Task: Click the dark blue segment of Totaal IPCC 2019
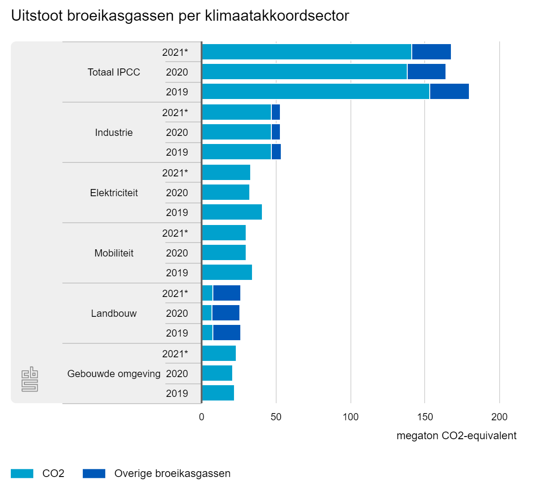[449, 92]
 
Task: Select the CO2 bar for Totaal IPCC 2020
[305, 72]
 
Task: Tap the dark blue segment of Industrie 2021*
[276, 112]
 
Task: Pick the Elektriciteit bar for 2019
[232, 212]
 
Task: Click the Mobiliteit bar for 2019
[227, 273]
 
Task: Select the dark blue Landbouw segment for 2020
[226, 313]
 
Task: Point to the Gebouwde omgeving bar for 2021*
[219, 354]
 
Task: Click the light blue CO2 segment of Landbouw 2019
[207, 333]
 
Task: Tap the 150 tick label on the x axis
[425, 417]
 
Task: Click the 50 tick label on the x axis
[276, 417]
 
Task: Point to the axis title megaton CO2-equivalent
[456, 436]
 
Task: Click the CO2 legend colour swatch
[22, 473]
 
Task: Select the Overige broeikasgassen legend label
[172, 473]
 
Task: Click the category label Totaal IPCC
[114, 72]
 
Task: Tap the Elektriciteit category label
[114, 193]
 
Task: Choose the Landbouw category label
[114, 313]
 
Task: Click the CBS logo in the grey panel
[30, 380]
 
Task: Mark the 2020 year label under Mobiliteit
[177, 253]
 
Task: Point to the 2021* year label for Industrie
[175, 112]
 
